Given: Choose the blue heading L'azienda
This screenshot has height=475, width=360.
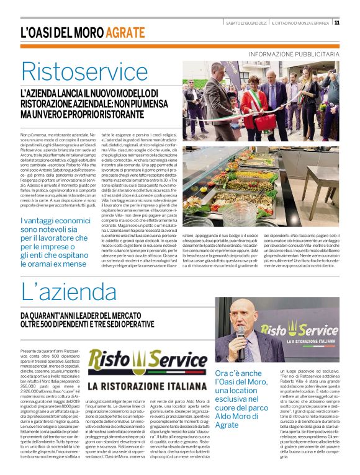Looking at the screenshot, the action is click(x=63, y=292).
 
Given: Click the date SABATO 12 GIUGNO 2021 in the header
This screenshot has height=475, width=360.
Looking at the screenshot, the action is click(x=246, y=23).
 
